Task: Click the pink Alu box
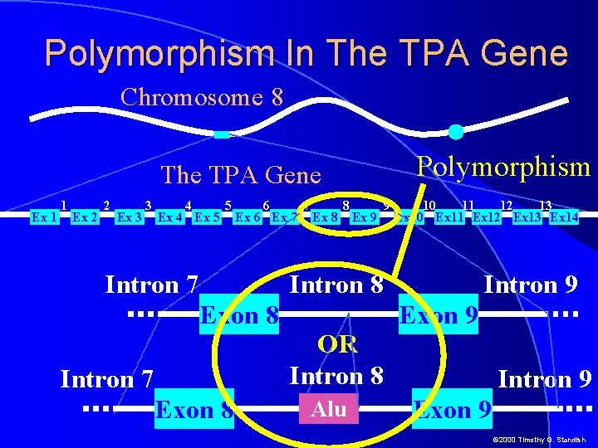tap(329, 408)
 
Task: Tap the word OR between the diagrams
tap(337, 344)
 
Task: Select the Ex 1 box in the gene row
tap(43, 217)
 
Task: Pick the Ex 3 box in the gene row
tap(129, 217)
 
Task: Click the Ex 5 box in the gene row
tap(207, 217)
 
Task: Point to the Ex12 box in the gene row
tap(488, 217)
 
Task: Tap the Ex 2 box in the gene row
tap(85, 217)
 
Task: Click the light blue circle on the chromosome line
tap(456, 131)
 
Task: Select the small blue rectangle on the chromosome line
tap(221, 134)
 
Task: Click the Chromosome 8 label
tap(202, 97)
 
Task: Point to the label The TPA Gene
tap(241, 175)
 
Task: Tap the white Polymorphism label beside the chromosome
tap(503, 167)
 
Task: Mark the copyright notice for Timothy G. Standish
tap(540, 439)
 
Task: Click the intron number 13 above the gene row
tap(545, 205)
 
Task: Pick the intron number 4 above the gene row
tap(189, 205)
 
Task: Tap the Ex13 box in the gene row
tap(528, 217)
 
